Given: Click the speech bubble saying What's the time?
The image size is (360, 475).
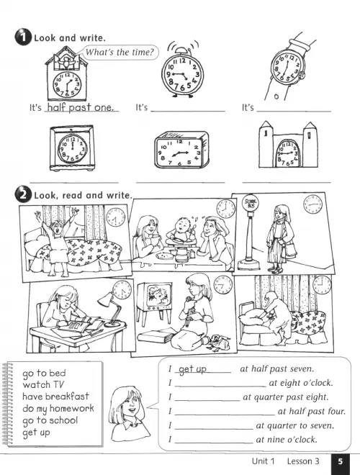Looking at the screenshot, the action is click(x=120, y=52).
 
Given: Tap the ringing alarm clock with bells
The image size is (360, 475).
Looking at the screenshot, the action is click(x=182, y=72).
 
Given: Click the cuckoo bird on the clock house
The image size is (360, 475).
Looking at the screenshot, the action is click(x=65, y=62).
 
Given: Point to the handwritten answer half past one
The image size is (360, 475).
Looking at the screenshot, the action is click(x=81, y=107).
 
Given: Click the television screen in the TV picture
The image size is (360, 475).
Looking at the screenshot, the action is click(x=158, y=295).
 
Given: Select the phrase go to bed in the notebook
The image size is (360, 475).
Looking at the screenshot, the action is click(x=44, y=373).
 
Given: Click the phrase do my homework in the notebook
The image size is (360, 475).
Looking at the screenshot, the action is click(x=58, y=408).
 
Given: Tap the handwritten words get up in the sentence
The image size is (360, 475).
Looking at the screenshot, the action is click(x=193, y=369).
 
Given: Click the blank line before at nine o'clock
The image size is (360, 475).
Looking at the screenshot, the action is click(x=214, y=443).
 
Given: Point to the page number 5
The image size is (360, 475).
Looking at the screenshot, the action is click(x=341, y=461).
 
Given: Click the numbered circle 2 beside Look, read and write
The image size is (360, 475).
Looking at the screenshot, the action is click(x=23, y=195).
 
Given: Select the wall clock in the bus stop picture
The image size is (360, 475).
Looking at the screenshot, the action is click(x=312, y=204).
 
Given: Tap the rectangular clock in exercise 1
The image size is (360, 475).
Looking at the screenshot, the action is click(x=182, y=150).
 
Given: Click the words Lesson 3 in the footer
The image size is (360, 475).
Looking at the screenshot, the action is click(x=303, y=461).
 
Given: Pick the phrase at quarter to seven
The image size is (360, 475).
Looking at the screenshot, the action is click(x=295, y=425).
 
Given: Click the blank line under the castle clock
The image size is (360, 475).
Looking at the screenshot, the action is click(x=287, y=182).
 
